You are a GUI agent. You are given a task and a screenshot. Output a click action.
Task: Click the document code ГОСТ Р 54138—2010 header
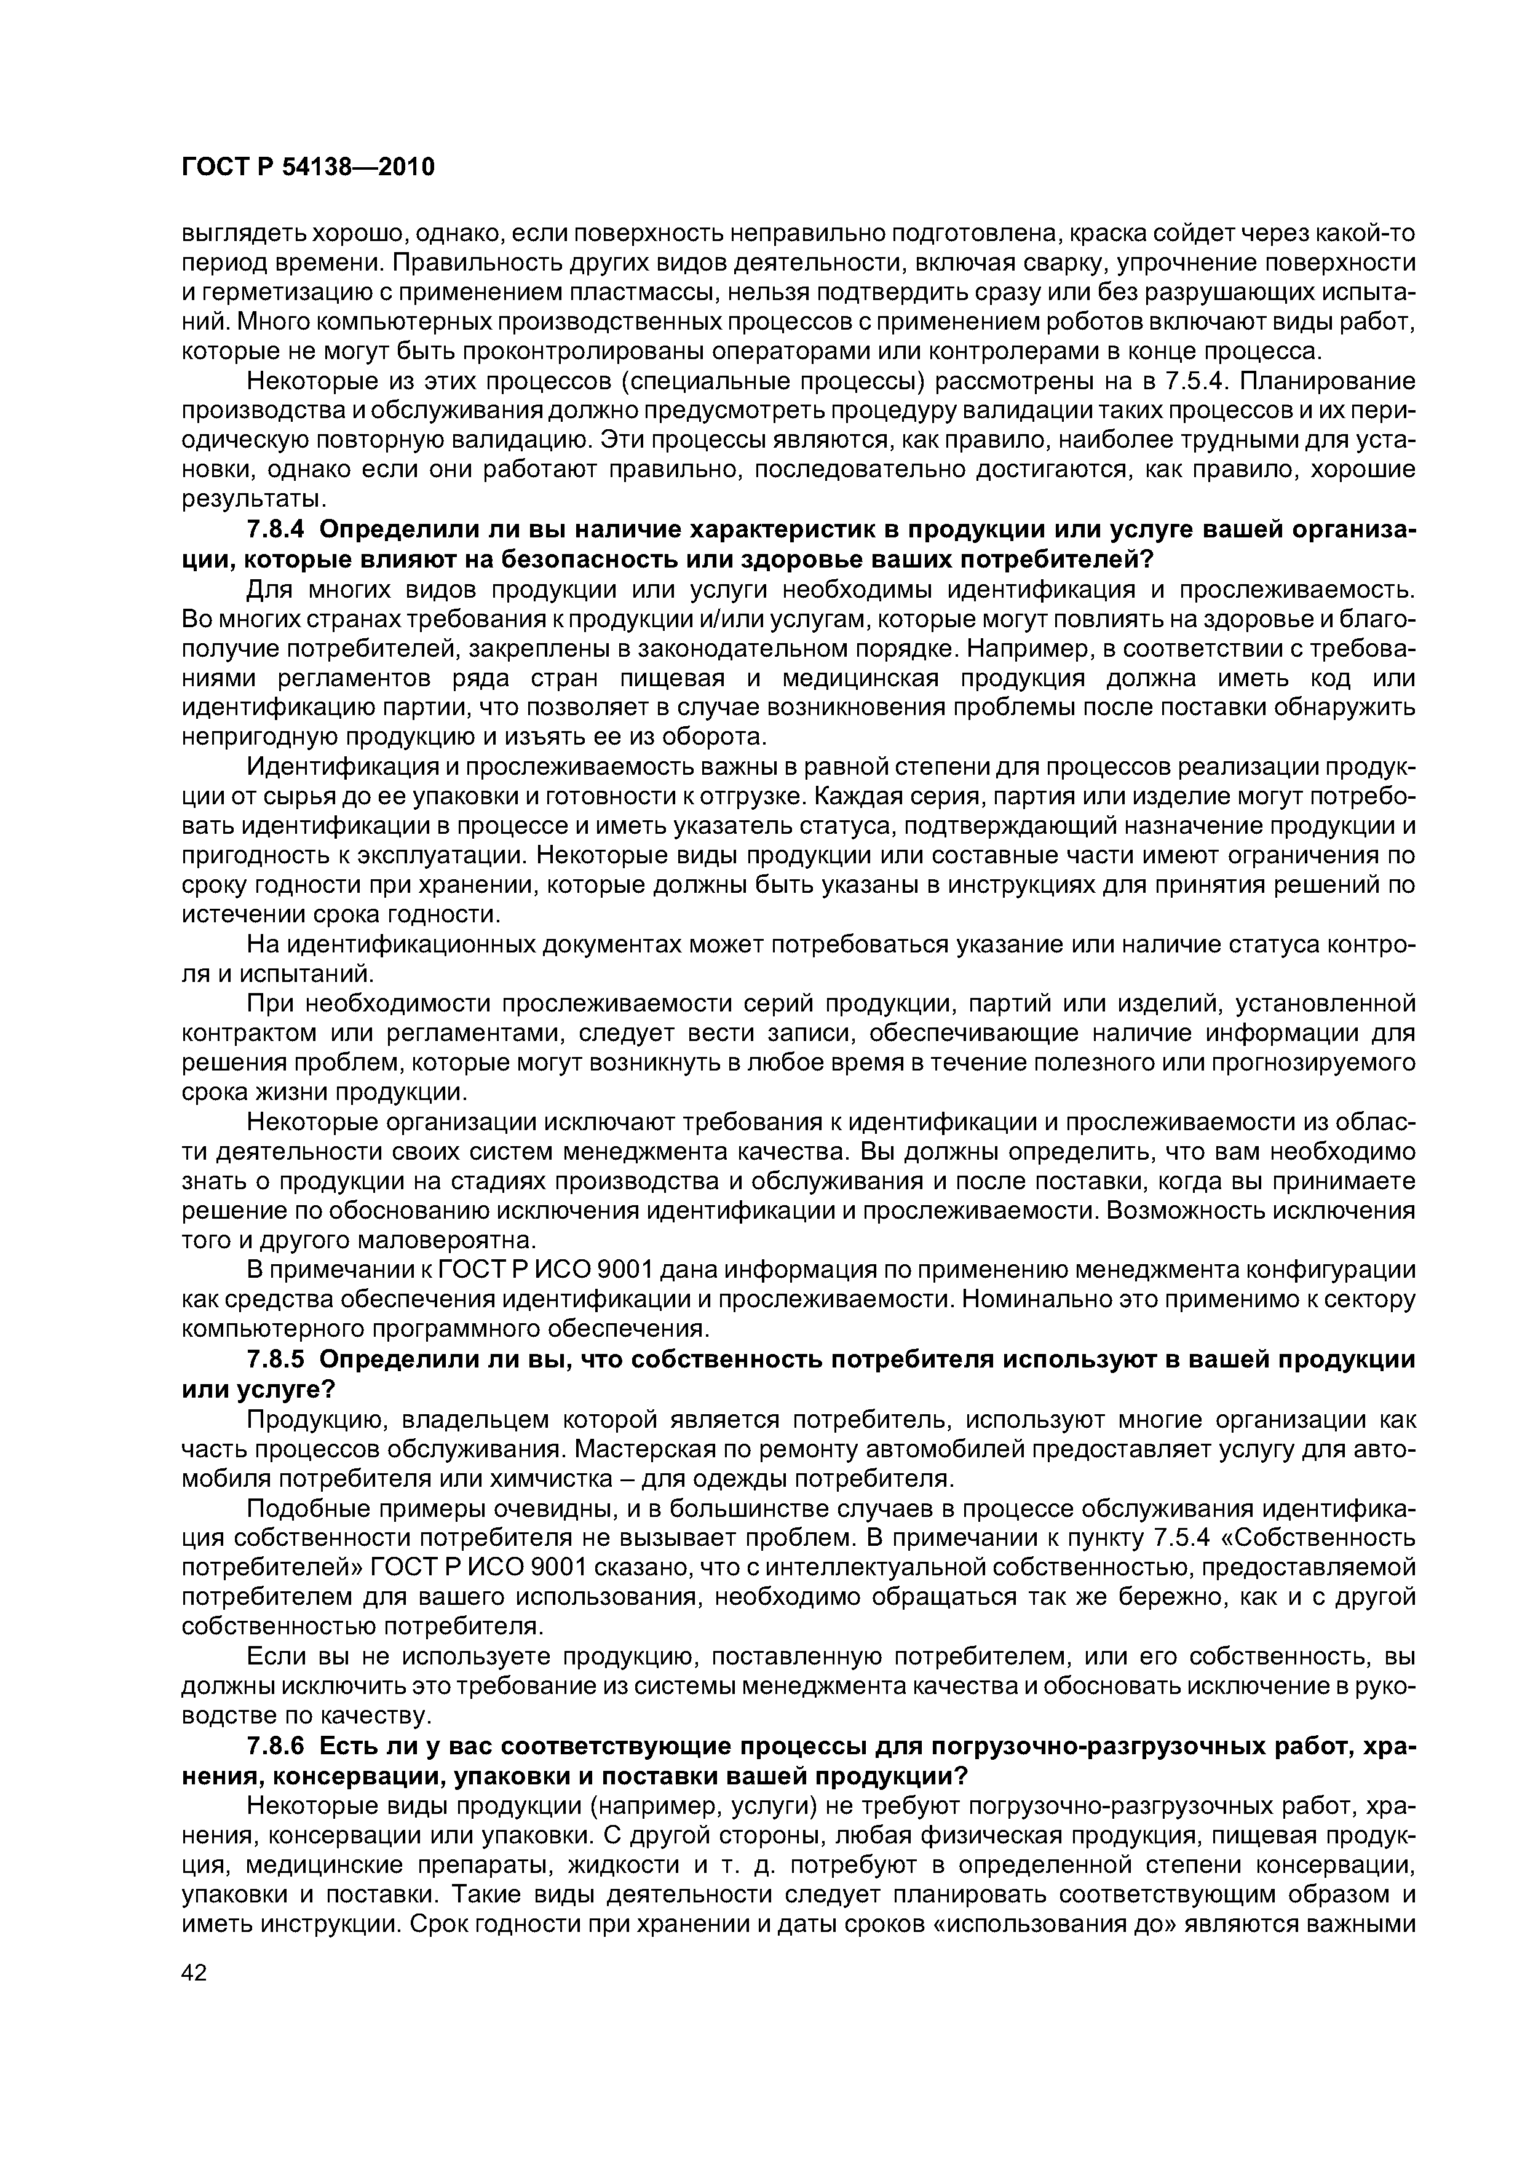[x=307, y=167]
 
